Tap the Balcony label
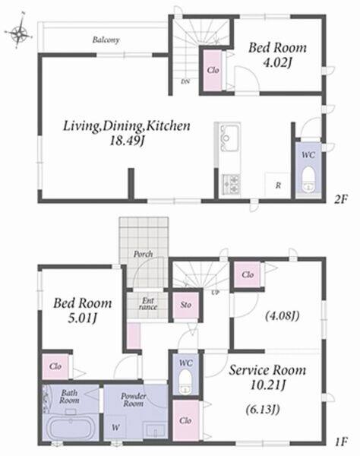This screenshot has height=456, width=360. point(106,40)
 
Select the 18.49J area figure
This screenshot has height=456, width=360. point(127,141)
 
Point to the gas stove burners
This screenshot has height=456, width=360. point(232,185)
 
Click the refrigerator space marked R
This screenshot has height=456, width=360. point(277,185)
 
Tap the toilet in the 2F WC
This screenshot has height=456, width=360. point(308,179)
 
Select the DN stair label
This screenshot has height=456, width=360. point(185,82)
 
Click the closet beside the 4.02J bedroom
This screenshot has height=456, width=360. point(213,71)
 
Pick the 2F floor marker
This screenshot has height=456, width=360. point(340,199)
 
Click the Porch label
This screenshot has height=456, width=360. point(144,254)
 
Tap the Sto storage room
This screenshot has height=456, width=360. point(186,305)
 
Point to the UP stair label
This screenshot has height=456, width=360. point(215,293)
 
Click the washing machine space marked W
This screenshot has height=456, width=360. point(115,427)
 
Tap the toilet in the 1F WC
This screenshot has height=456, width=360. point(185,381)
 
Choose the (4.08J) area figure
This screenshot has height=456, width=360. point(282,316)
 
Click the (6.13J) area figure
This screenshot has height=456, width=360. point(263,410)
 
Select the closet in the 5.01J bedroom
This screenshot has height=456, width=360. point(55,366)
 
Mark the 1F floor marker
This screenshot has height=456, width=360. point(340,442)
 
